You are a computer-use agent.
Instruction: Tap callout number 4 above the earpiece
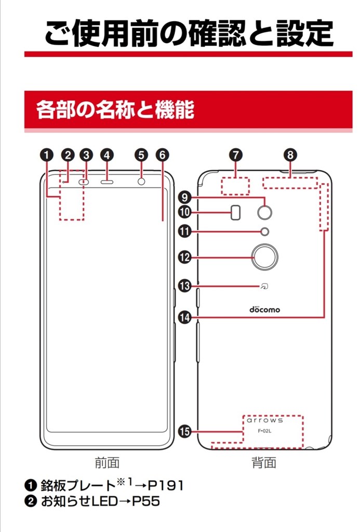(107, 155)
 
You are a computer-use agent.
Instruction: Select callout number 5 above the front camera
(141, 155)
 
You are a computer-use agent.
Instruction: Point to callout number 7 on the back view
(235, 155)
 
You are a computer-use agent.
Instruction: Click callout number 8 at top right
(290, 155)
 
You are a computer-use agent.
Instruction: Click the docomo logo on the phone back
(264, 309)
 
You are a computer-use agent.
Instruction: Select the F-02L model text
(264, 431)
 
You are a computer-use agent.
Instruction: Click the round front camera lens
(141, 182)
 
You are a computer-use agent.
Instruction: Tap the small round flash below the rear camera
(265, 232)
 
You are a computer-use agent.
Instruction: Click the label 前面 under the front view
(107, 462)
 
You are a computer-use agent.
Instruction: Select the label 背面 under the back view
(264, 462)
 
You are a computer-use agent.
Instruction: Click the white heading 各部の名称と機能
(115, 110)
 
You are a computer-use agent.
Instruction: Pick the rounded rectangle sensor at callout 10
(236, 211)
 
